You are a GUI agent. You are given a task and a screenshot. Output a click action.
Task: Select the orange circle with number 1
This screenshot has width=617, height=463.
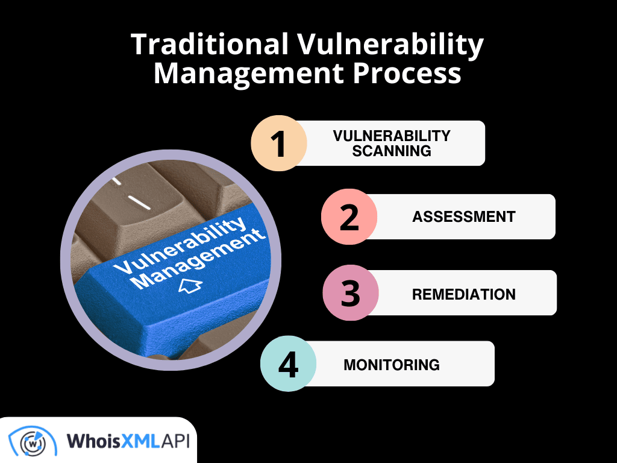point(278,143)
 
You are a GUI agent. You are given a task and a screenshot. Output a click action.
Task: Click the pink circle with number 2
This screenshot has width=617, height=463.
point(349,216)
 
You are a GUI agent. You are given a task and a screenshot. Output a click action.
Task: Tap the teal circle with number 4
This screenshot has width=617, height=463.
point(288,364)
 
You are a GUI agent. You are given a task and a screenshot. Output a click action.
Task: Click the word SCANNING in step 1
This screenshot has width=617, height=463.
point(392,151)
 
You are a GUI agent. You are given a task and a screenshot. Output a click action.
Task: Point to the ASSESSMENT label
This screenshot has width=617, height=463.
point(464,216)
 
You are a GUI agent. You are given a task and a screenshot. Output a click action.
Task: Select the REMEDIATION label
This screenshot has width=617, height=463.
point(464,294)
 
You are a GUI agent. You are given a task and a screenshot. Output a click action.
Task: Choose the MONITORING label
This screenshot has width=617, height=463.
point(392,365)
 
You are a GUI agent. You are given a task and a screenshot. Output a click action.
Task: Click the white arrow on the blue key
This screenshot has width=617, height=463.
point(190,286)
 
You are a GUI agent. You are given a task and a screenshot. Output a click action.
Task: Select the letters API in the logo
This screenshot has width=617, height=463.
point(174,441)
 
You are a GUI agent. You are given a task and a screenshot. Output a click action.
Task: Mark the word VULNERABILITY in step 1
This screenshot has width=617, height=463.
point(392,136)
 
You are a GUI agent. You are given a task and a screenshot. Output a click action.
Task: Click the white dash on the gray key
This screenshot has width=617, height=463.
point(140,203)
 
